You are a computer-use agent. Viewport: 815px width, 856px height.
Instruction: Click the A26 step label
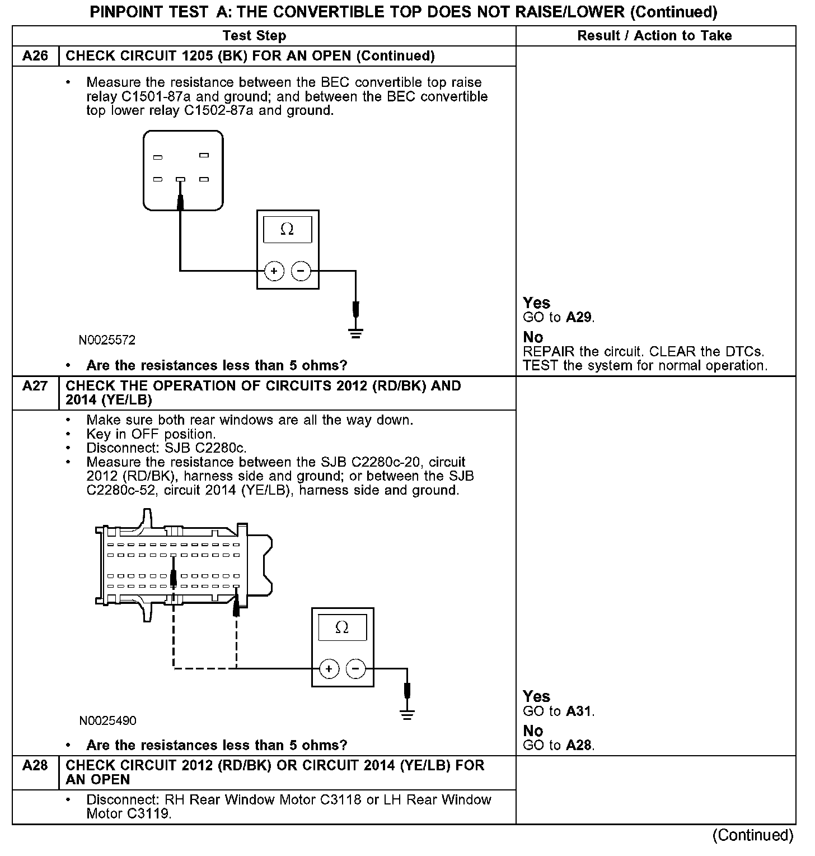(x=35, y=56)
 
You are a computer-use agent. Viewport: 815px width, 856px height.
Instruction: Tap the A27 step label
(x=35, y=386)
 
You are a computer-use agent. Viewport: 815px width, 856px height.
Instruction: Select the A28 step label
(x=35, y=765)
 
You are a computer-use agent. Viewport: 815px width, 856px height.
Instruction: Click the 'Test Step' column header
(x=254, y=36)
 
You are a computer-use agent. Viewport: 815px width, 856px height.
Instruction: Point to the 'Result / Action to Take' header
(x=654, y=36)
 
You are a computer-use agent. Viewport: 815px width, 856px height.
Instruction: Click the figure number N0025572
(x=107, y=340)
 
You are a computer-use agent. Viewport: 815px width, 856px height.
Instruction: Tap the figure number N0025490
(x=107, y=720)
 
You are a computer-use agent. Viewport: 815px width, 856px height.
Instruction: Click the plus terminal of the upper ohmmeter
(x=274, y=272)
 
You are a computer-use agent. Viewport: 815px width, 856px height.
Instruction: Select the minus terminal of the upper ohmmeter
(x=301, y=272)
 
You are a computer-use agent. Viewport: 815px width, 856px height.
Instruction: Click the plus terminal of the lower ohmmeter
(x=329, y=669)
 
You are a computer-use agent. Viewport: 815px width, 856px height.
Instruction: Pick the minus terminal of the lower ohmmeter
(x=355, y=669)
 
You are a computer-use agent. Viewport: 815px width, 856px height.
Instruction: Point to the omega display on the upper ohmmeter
(x=287, y=229)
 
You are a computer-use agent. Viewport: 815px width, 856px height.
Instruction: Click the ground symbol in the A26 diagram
(x=355, y=334)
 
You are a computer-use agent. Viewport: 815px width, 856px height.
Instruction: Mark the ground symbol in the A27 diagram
(x=407, y=714)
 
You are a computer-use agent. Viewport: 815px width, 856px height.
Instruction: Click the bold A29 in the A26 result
(x=579, y=318)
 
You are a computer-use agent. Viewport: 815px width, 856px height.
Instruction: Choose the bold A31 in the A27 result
(x=579, y=711)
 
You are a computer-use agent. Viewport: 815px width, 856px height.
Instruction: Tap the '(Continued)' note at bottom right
(x=753, y=835)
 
